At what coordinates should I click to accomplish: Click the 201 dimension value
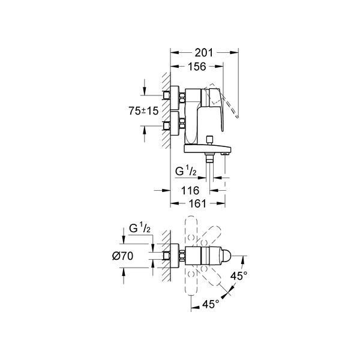pyautogui.click(x=204, y=53)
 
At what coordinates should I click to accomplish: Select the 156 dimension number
pyautogui.click(x=197, y=67)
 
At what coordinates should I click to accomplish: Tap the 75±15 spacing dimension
pyautogui.click(x=143, y=111)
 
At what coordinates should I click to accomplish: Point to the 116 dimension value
pyautogui.click(x=190, y=190)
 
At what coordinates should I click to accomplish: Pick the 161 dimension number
pyautogui.click(x=197, y=203)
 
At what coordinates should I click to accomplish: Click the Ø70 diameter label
pyautogui.click(x=122, y=256)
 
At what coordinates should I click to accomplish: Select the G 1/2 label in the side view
pyautogui.click(x=186, y=171)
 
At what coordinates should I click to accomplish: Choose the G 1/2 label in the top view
pyautogui.click(x=140, y=228)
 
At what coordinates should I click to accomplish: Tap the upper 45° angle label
pyautogui.click(x=239, y=276)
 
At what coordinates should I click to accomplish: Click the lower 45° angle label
pyautogui.click(x=211, y=304)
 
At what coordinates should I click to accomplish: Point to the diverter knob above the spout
pyautogui.click(x=209, y=140)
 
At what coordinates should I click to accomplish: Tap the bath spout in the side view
pyautogui.click(x=208, y=149)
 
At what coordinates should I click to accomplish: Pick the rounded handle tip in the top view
pyautogui.click(x=226, y=256)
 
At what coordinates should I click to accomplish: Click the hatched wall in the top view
pyautogui.click(x=166, y=256)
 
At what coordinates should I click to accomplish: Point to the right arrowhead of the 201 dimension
pyautogui.click(x=235, y=53)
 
